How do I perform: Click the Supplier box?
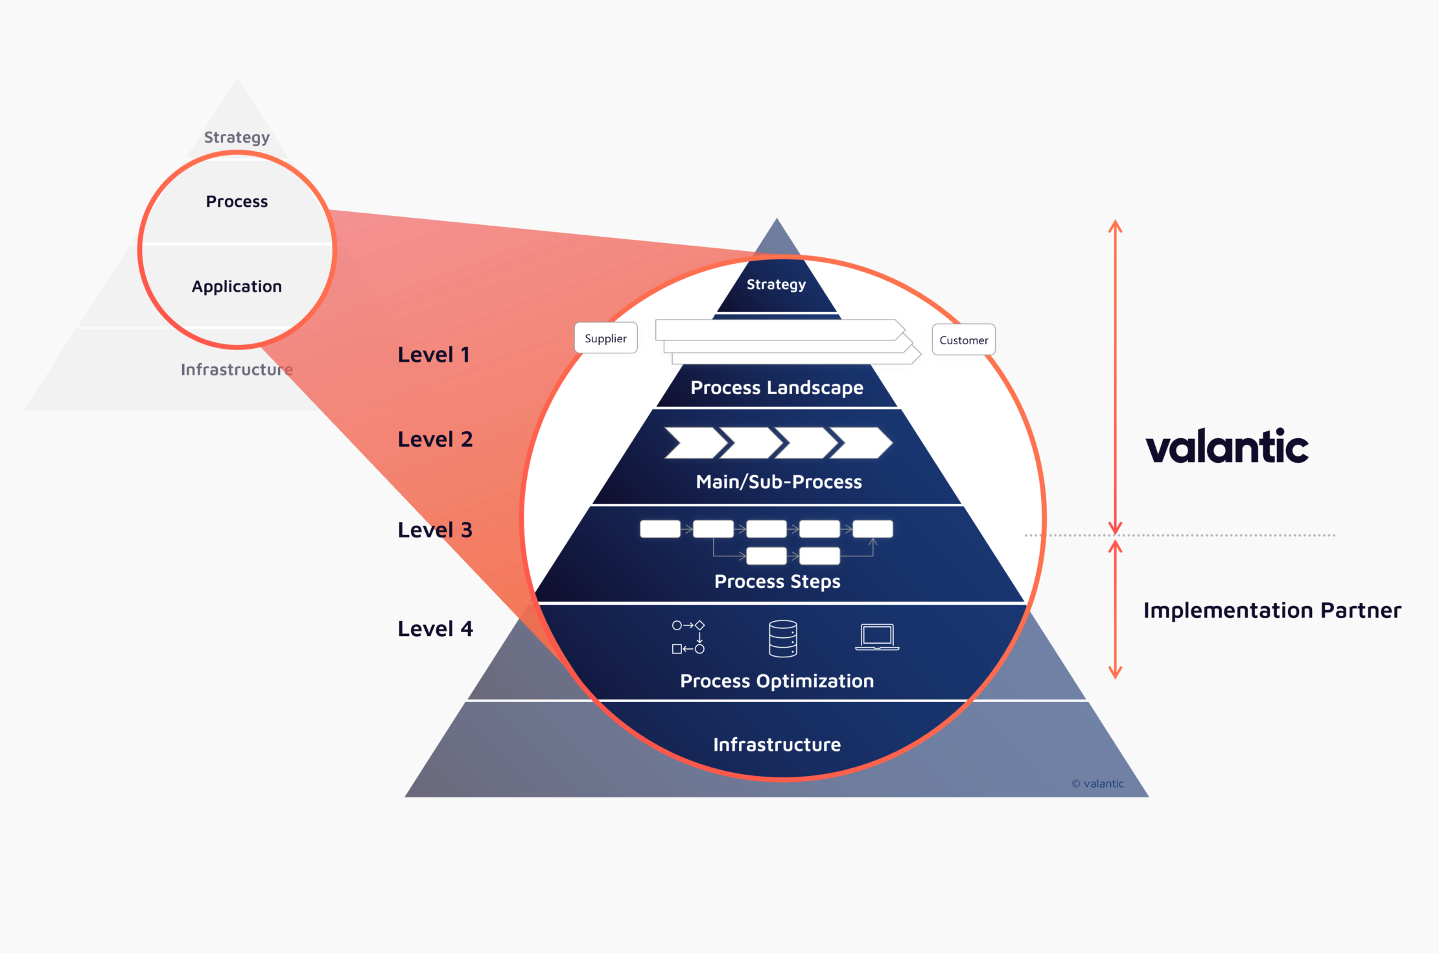pyautogui.click(x=605, y=338)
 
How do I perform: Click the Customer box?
pyautogui.click(x=963, y=340)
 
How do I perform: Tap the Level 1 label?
pyautogui.click(x=434, y=355)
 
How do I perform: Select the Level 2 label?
pyautogui.click(x=435, y=439)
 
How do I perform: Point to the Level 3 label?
pyautogui.click(x=435, y=530)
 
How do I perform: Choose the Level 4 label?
pyautogui.click(x=435, y=628)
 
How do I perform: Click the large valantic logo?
pyautogui.click(x=1226, y=447)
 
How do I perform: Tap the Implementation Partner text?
pyautogui.click(x=1272, y=610)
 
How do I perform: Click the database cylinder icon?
pyautogui.click(x=782, y=639)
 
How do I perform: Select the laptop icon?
pyautogui.click(x=877, y=637)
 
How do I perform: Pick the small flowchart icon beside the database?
pyautogui.click(x=688, y=637)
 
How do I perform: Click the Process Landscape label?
pyautogui.click(x=777, y=388)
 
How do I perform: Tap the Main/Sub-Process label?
pyautogui.click(x=778, y=482)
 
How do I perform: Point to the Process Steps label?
pyautogui.click(x=777, y=582)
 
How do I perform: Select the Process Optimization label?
pyautogui.click(x=777, y=681)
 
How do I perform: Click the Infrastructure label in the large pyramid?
pyautogui.click(x=777, y=744)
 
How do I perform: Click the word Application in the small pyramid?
pyautogui.click(x=237, y=287)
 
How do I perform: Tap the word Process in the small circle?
pyautogui.click(x=237, y=202)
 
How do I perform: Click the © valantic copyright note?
pyautogui.click(x=1097, y=783)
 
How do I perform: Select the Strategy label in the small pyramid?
pyautogui.click(x=237, y=137)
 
